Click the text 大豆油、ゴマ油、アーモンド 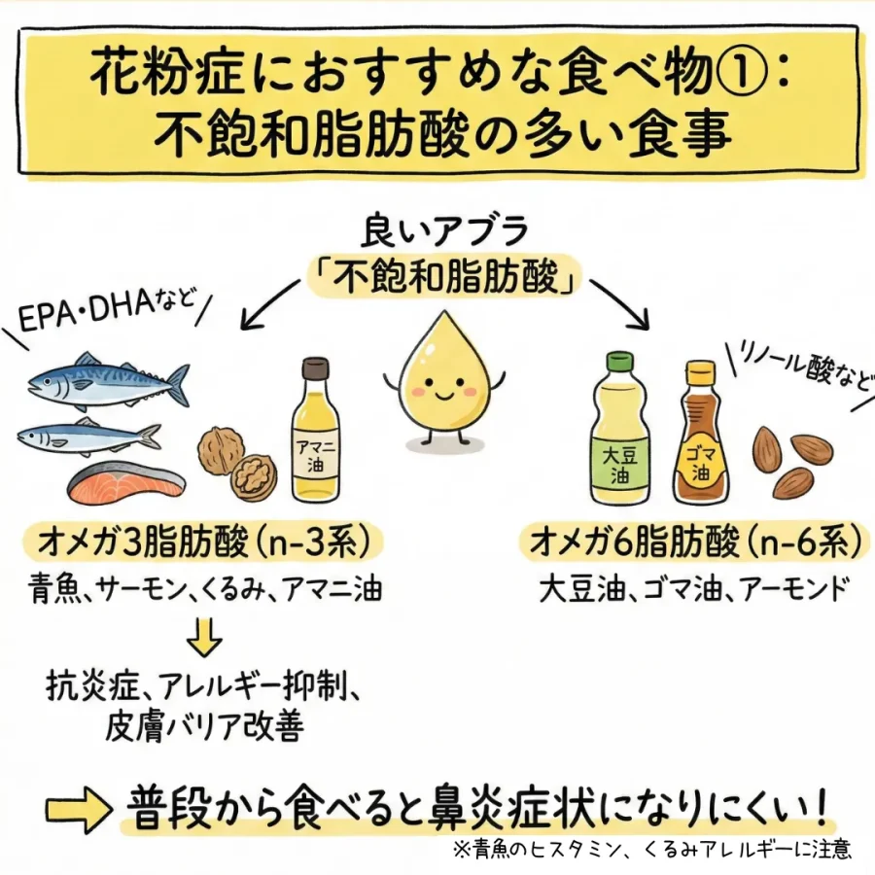tap(694, 590)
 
